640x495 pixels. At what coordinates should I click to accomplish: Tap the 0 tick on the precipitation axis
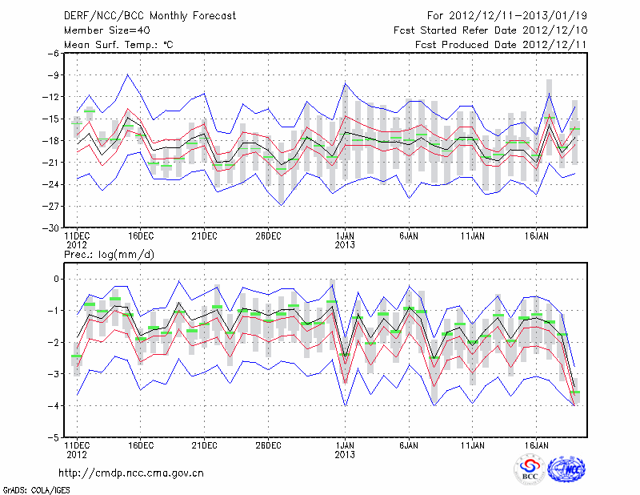point(57,279)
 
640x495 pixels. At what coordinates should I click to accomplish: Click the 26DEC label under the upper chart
point(269,236)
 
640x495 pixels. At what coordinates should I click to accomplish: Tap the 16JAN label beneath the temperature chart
point(537,236)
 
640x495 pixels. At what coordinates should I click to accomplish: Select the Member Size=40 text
point(101,30)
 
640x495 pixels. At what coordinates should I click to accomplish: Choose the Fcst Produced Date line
point(500,45)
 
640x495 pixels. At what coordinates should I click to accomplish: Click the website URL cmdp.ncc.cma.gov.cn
point(131,473)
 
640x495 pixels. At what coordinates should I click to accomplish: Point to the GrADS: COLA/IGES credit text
point(31,489)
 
